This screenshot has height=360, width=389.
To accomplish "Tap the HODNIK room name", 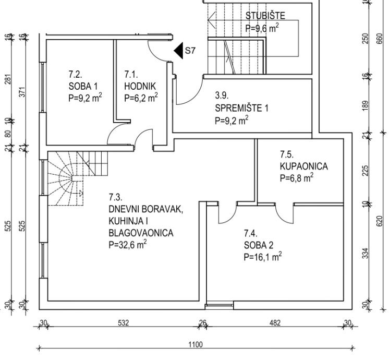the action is point(140,87).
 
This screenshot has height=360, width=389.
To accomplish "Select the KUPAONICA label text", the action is point(304,166).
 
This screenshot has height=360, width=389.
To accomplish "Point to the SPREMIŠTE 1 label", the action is point(241,108).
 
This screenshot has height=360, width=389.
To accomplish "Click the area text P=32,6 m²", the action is point(128,245).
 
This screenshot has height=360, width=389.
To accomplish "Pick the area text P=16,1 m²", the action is point(263,257).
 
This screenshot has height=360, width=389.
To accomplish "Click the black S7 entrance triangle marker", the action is point(178,51).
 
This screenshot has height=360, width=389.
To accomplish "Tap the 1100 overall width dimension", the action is point(196,344).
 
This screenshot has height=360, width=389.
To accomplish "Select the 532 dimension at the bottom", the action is point(124,323).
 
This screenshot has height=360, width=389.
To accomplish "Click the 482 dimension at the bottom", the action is point(275,323).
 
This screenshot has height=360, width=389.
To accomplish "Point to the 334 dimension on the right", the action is point(365,253).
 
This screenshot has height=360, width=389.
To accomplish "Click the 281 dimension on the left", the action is point(8,79).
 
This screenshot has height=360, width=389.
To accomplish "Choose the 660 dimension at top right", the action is point(379,39).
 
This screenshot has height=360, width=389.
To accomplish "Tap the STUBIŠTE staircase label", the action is point(265,16).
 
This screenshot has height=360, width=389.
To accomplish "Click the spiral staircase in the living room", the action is point(78,178).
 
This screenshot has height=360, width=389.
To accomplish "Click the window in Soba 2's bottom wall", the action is point(220,305).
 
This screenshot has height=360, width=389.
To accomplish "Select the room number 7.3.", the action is point(115,197).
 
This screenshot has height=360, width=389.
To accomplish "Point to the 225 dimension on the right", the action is point(365,171).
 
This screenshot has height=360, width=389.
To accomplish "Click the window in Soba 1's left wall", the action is point(42,87).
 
